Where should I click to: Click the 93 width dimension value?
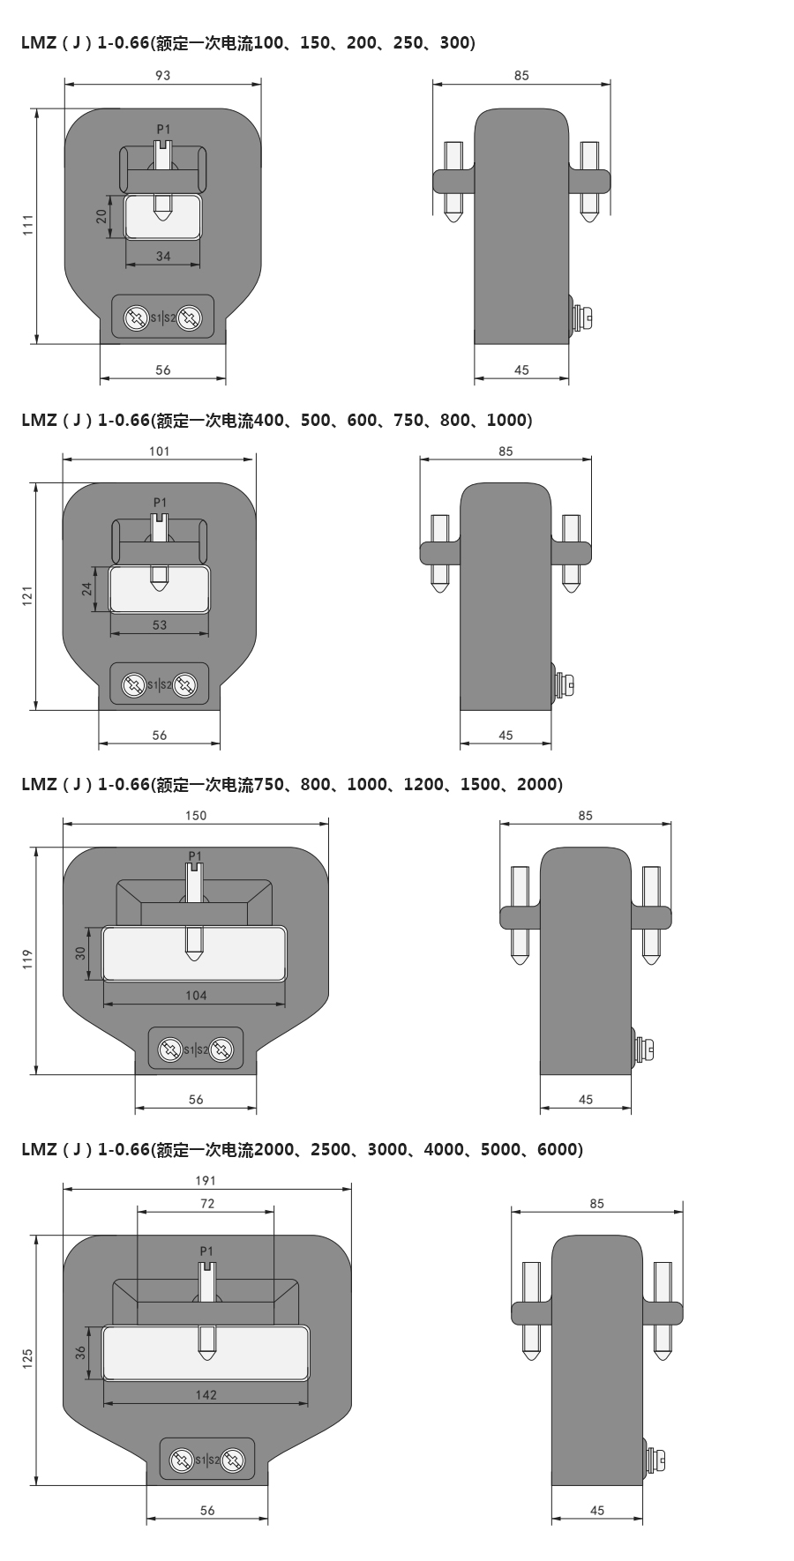tap(162, 76)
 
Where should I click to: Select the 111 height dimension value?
tap(27, 225)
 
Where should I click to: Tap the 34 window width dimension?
tap(163, 257)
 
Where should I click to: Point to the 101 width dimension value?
tap(159, 452)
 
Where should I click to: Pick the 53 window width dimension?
tap(159, 625)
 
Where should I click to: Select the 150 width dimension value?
tap(196, 816)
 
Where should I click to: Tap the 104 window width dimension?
tap(196, 996)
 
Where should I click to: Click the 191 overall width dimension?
tap(206, 1180)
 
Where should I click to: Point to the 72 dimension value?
tap(207, 1203)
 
